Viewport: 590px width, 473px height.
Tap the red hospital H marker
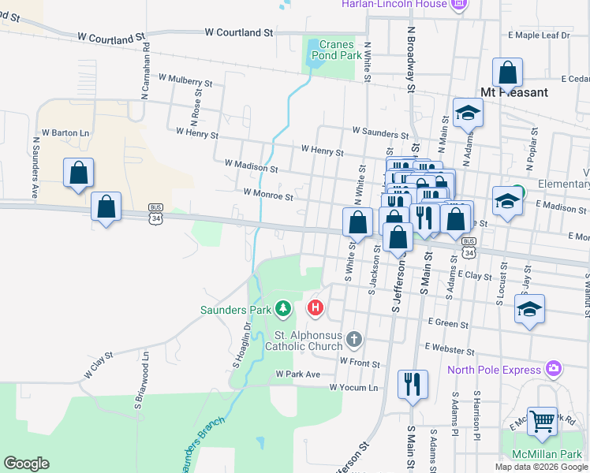316,307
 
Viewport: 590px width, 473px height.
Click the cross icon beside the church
354,340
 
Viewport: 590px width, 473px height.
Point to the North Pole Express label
495,370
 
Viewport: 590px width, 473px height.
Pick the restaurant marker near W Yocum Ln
413,385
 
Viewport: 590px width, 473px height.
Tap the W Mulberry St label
185,80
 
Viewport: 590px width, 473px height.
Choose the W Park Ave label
297,374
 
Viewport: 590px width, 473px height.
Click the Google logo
26,464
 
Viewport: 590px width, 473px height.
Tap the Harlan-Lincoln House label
394,5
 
